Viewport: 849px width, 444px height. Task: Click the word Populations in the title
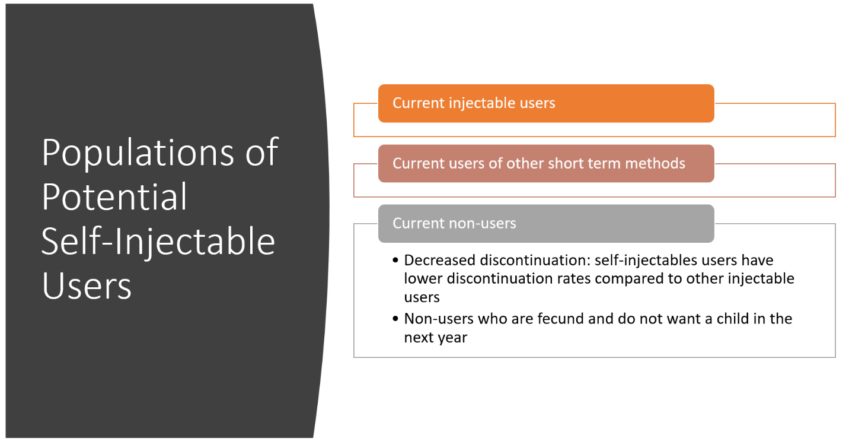138,154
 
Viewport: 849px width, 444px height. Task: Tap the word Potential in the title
114,196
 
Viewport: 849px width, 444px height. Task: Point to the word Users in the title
87,286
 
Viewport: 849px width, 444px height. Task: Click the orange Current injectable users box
546,103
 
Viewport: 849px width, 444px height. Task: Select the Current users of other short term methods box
546,164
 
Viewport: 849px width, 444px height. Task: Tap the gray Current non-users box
546,224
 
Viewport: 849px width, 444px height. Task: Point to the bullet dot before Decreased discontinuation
395,261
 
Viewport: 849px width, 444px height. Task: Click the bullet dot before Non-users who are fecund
395,319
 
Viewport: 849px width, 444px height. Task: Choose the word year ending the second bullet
452,338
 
